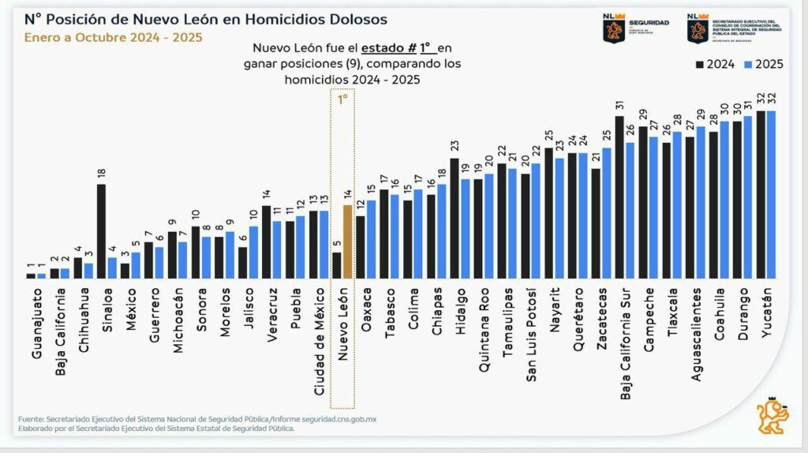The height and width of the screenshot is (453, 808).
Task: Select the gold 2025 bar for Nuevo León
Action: pos(347,241)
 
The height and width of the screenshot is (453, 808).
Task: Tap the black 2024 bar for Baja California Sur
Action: pos(619,197)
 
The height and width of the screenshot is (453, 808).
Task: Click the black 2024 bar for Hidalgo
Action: pos(454,219)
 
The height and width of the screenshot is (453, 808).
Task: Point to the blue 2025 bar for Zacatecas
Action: pos(606,213)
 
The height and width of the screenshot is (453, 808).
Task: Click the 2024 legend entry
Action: pos(715,64)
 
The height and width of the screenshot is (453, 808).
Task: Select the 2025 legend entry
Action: pos(762,64)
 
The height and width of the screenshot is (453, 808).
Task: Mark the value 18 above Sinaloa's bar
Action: pos(101,174)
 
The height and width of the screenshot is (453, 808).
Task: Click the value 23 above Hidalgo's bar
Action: pos(454,148)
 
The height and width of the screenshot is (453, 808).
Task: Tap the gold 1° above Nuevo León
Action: pos(342,100)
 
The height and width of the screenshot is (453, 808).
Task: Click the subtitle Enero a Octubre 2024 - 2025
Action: pos(113,37)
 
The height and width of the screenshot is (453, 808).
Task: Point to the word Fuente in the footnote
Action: pos(32,418)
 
